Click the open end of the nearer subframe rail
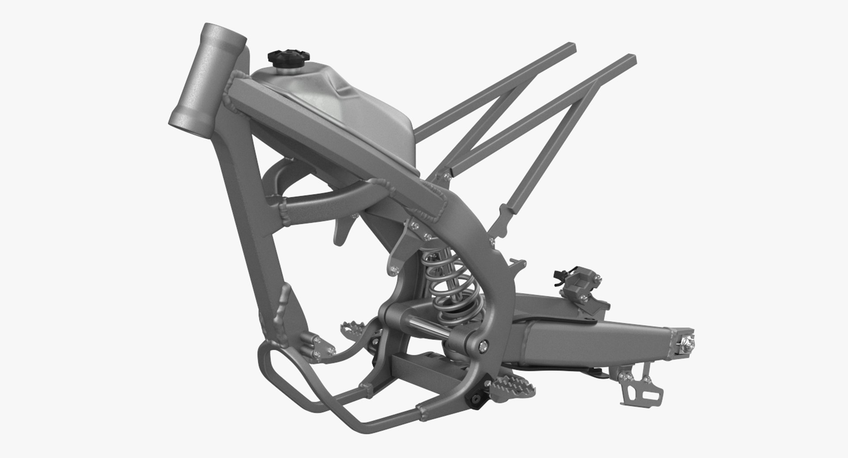tap(631, 60)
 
